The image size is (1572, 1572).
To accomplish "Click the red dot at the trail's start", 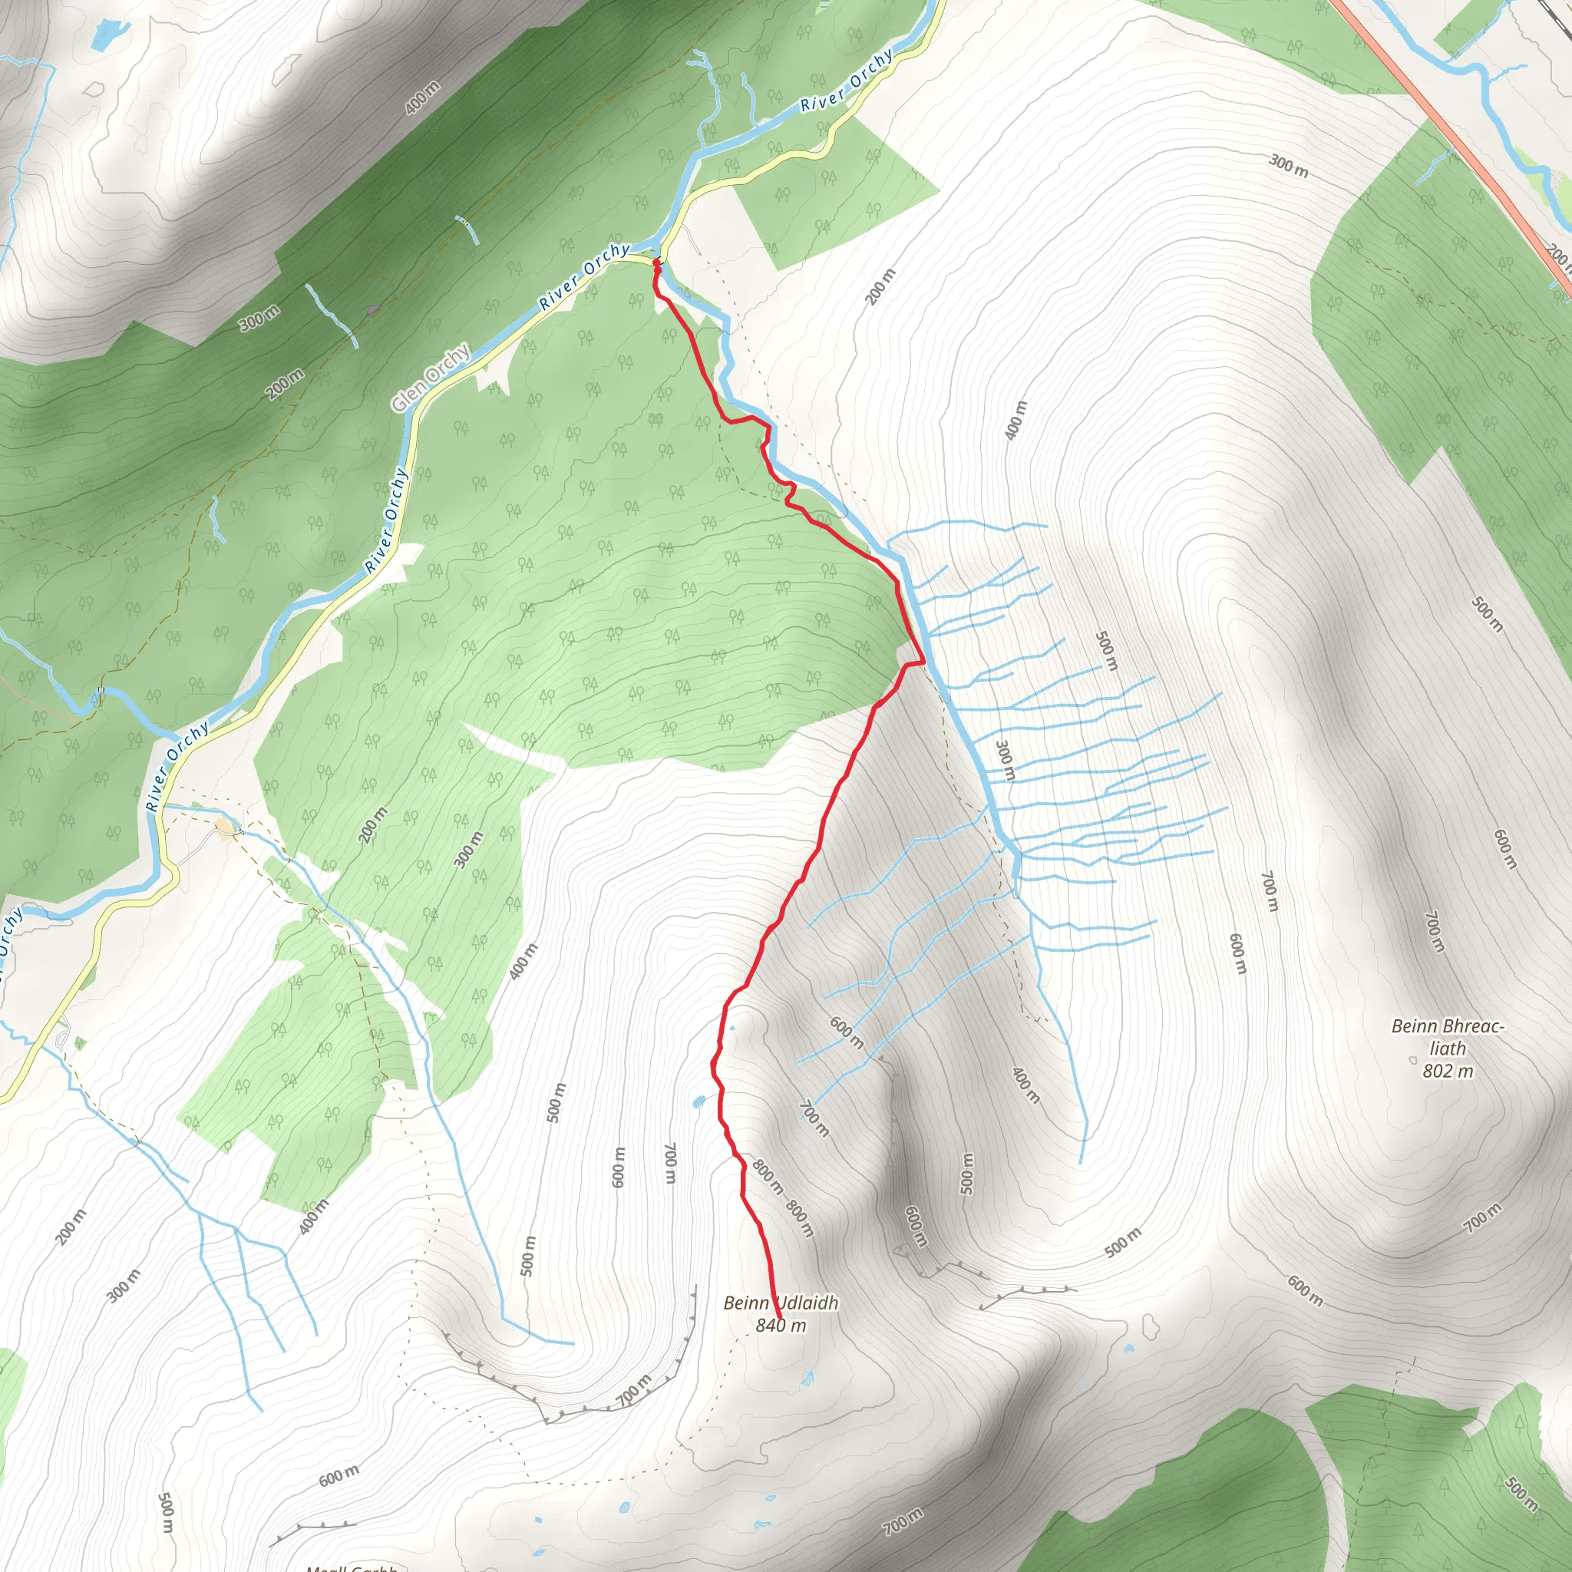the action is pos(656,263).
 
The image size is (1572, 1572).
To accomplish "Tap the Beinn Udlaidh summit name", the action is pos(781,1303).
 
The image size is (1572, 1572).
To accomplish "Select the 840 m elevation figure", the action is pos(781,1326).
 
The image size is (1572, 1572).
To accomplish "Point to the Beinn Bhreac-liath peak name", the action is pos(1448,1036).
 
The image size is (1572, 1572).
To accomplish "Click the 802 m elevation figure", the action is pos(1448,1071).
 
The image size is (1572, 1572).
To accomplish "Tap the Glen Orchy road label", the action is pos(431,377).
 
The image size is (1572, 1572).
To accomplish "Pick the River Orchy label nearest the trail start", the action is pos(584,276).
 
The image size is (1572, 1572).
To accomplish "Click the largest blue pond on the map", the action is pos(111,32).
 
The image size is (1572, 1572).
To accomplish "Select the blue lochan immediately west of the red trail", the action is pos(697,1102).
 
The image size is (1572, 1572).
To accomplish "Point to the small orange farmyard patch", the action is pos(226,827).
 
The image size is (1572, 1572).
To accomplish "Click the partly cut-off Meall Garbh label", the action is pos(352,1567).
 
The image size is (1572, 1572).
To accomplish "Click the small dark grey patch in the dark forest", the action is pos(374,310).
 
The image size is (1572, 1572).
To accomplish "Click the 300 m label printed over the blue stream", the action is pos(1006,761).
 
